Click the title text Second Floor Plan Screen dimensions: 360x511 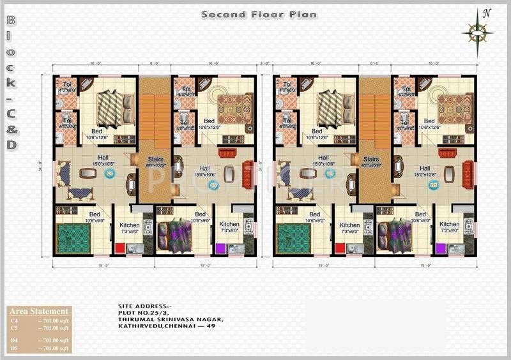point(259,14)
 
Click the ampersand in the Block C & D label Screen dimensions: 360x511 point(12,129)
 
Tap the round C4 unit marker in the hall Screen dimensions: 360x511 point(109,173)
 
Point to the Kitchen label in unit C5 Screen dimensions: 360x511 point(229,224)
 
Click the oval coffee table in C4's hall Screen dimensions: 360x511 point(86,172)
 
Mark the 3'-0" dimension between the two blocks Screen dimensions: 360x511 point(264,63)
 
